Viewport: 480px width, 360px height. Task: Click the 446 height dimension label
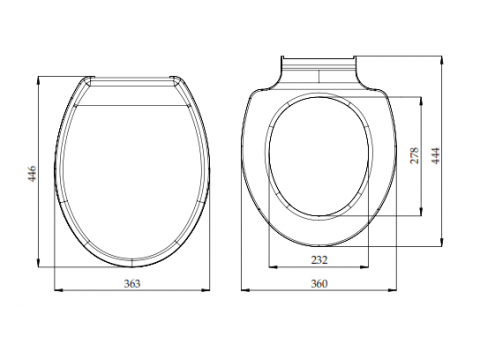[x=32, y=173]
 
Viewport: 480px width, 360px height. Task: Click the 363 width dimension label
[x=132, y=284]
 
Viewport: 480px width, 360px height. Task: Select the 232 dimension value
[x=319, y=260]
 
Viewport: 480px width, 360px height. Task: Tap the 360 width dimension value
[x=319, y=284]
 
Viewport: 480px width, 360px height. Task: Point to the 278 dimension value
[x=414, y=155]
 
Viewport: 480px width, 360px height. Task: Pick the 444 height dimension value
[x=435, y=155]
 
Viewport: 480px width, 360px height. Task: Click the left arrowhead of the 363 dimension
[x=58, y=290]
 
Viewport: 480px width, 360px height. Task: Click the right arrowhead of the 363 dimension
[x=206, y=290]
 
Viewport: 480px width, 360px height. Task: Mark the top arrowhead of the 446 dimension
[x=38, y=81]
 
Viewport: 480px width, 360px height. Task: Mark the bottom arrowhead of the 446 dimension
[x=38, y=262]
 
